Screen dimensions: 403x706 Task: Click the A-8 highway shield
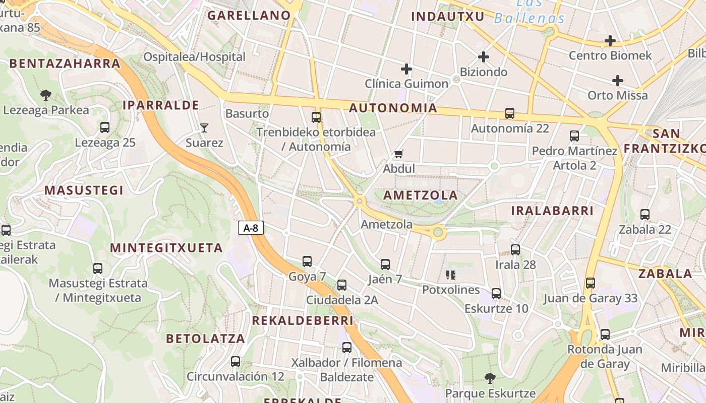251,228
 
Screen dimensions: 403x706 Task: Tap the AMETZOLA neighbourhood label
421,195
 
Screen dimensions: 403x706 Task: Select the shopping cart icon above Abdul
399,154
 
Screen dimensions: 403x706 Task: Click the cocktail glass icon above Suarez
204,128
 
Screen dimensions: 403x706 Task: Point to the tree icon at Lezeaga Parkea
46,95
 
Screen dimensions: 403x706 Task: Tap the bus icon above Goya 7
307,261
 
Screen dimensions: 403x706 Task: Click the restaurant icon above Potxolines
451,275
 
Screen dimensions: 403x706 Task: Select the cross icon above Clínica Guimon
406,69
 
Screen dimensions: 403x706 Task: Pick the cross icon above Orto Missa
618,81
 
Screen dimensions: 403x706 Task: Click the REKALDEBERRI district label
303,321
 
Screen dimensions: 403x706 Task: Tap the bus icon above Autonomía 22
510,114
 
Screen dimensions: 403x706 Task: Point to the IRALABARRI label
552,211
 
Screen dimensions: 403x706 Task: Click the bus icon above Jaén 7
385,264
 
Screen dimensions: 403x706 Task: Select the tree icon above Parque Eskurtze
490,378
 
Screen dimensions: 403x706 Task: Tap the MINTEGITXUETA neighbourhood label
166,248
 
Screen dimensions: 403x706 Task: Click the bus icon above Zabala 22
645,215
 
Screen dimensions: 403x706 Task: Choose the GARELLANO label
249,16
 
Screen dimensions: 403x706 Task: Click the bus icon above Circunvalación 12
236,362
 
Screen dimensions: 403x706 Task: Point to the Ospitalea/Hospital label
194,57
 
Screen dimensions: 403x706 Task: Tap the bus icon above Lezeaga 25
105,127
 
